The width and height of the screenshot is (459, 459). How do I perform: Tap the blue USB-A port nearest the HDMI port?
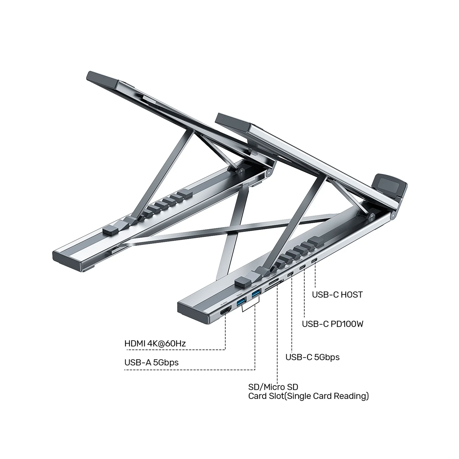click(x=240, y=302)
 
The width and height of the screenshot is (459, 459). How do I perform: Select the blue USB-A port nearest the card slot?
click(x=255, y=294)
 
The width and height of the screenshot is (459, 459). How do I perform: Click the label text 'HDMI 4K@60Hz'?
click(x=155, y=343)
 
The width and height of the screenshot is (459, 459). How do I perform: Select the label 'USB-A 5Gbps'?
click(x=151, y=362)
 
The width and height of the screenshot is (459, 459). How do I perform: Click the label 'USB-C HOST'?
click(x=337, y=295)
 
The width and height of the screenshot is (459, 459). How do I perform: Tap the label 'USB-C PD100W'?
click(x=333, y=324)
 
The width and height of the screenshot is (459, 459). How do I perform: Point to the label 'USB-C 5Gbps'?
click(x=312, y=357)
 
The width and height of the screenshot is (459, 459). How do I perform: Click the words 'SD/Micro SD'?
click(x=273, y=387)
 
